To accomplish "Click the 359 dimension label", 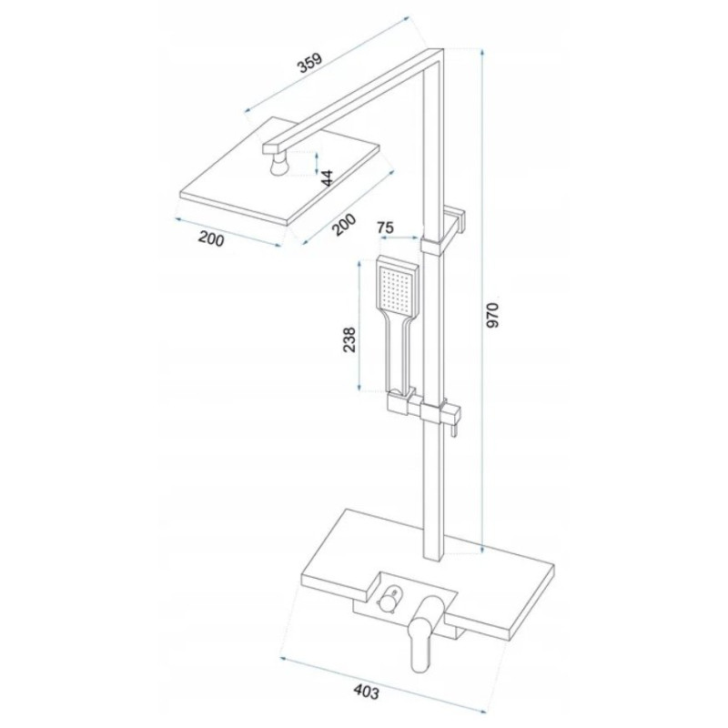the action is coord(309,63).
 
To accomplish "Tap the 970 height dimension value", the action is coord(492,315).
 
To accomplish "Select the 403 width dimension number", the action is coord(367,692).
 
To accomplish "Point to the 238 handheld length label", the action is coord(349,339).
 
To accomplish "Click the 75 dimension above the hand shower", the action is coord(385,227).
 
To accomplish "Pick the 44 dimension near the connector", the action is coord(328,177).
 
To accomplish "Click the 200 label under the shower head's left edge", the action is coord(211,239).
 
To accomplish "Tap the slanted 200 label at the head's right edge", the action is coord(344,225).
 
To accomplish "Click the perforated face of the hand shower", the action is coord(396,286).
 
